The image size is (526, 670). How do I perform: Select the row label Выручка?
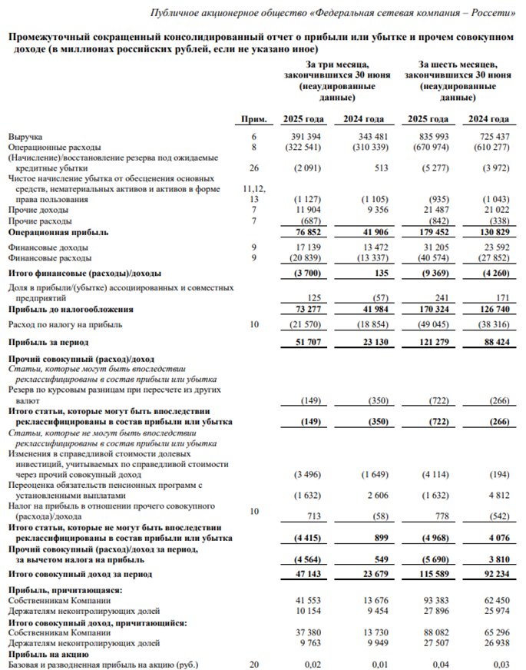[x=25, y=136]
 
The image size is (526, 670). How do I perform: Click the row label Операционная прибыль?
[x=58, y=232]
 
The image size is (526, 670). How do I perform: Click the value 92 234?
[x=491, y=574]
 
